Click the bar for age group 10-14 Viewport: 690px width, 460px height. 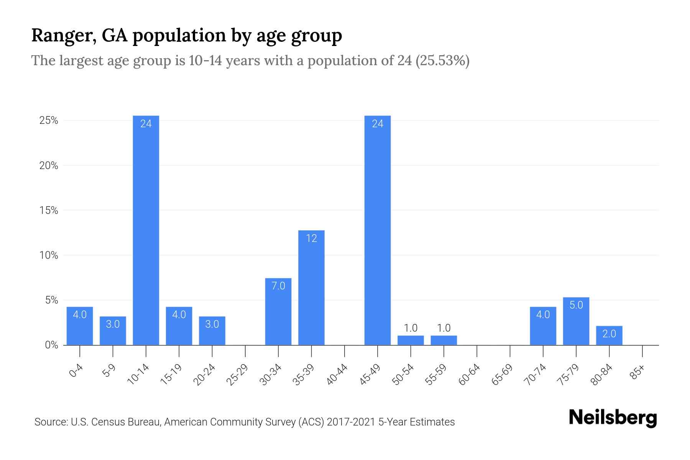[146, 230]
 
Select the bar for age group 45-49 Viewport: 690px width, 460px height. [378, 230]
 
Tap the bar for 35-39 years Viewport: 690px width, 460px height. [311, 287]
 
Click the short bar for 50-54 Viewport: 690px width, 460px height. [411, 340]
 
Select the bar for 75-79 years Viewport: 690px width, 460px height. [576, 321]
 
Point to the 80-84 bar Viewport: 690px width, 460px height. [609, 335]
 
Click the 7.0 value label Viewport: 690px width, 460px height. [278, 286]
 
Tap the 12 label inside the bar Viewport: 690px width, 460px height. [311, 238]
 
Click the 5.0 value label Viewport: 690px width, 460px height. [576, 305]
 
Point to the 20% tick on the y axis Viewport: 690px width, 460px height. [49, 166]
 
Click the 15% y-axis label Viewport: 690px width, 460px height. [49, 210]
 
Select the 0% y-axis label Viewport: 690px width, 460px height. [51, 345]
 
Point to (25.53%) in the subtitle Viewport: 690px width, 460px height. [442, 61]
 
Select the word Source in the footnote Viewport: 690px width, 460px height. [50, 422]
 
